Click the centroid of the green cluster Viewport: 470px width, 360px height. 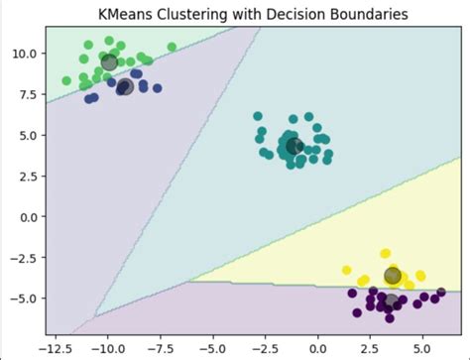click(109, 62)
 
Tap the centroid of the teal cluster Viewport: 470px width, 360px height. click(294, 147)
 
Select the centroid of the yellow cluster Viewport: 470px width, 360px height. click(393, 276)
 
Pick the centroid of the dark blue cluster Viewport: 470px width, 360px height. click(125, 86)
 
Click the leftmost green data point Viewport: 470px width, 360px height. click(66, 81)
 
